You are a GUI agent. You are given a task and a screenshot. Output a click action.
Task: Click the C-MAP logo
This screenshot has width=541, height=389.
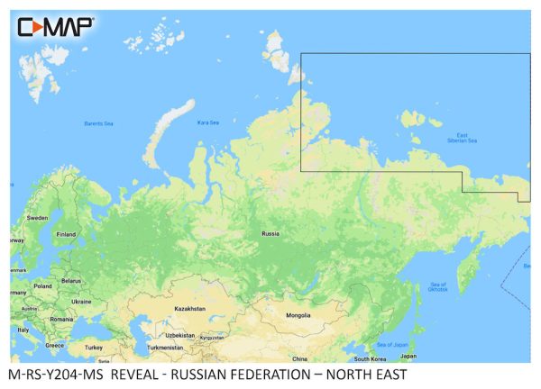(x=55, y=26)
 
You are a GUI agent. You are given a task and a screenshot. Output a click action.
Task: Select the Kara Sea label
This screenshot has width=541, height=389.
(x=208, y=122)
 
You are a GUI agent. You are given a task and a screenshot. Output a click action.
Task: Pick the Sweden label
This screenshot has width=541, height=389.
(x=37, y=218)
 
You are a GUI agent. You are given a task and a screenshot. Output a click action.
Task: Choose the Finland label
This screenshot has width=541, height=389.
(x=66, y=234)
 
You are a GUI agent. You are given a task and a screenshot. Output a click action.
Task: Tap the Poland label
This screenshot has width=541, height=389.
(x=43, y=286)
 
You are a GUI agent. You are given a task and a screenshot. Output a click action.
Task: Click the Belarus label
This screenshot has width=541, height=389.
(x=71, y=281)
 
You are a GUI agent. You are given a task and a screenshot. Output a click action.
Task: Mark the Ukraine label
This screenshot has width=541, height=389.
(x=81, y=301)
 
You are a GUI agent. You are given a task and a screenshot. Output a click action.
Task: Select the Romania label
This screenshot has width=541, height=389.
(x=61, y=319)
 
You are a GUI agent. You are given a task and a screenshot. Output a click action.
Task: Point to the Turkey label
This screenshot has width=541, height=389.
(x=93, y=347)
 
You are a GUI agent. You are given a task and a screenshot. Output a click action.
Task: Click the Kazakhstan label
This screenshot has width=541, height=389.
(x=189, y=308)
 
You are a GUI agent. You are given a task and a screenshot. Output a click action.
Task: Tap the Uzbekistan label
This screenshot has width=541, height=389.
(x=179, y=335)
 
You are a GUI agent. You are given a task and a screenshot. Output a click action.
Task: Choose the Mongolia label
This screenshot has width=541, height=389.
(x=298, y=315)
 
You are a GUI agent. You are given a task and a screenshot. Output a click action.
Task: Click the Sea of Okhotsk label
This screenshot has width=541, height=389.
(x=436, y=288)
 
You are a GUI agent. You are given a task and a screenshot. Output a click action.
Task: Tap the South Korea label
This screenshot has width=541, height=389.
(x=370, y=357)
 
